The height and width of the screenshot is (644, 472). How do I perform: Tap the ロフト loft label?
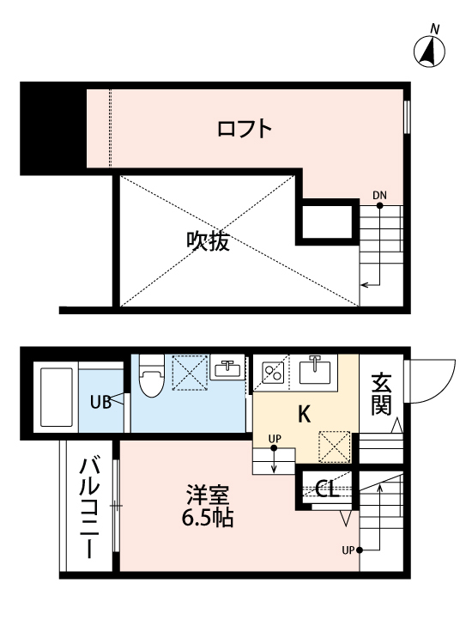(245, 129)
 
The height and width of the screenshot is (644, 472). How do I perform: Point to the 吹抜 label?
(208, 240)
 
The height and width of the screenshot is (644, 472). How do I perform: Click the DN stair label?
(379, 195)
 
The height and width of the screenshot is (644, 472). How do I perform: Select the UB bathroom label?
(101, 402)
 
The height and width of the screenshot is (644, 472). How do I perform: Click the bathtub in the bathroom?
(57, 398)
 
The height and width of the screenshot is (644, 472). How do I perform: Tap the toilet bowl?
(151, 377)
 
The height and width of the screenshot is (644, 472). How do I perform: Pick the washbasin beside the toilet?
(227, 368)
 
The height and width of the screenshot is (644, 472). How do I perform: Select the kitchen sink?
(315, 370)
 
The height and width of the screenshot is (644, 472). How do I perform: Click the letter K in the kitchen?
(304, 414)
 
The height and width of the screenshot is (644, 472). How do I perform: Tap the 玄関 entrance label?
(381, 394)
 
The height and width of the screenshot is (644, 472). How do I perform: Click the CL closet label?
(327, 488)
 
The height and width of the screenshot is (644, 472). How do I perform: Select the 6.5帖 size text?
(208, 518)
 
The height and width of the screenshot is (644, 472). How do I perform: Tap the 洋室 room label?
(208, 495)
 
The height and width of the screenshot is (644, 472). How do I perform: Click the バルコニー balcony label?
(89, 508)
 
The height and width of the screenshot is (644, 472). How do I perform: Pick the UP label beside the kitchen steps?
(275, 439)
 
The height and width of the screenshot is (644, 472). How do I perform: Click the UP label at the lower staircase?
(348, 550)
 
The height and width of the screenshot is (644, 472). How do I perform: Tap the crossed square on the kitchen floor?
(335, 447)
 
